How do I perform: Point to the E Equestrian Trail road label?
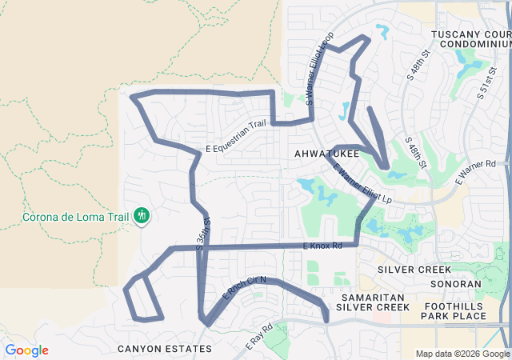click(236, 136)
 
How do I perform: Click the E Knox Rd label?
click(322, 246)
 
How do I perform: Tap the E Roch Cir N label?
click(244, 288)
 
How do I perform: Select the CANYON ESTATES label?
click(165, 349)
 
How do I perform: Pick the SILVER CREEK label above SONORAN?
click(414, 270)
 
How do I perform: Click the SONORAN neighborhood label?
click(455, 283)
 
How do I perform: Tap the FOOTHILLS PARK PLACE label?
click(454, 310)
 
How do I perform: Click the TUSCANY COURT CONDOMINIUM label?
click(470, 39)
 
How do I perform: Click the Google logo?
click(26, 350)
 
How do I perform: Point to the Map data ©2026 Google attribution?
click(462, 354)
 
